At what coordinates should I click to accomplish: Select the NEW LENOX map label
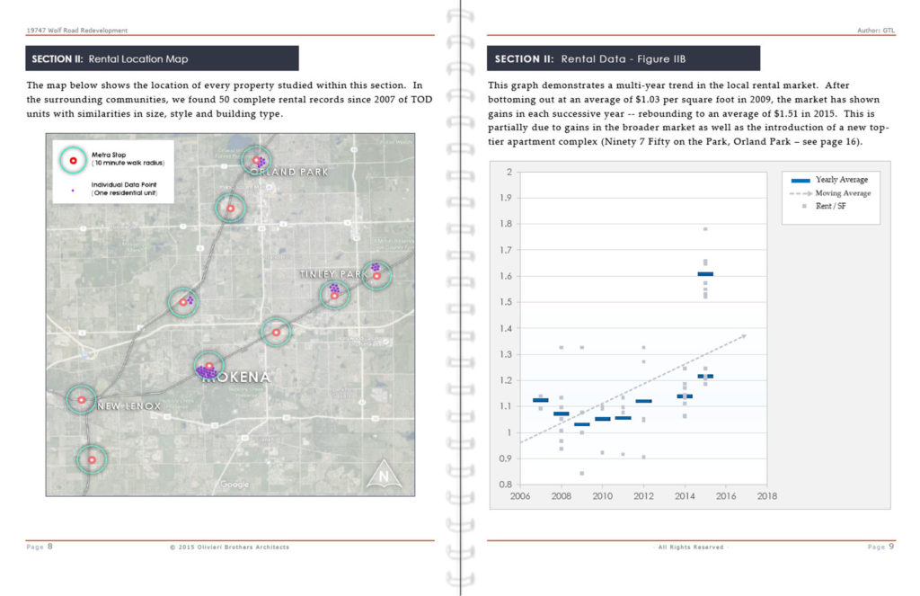[128, 406]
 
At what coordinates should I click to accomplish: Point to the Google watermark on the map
[234, 485]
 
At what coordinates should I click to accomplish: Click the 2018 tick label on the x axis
[767, 494]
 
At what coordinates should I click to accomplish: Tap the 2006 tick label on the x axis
[519, 494]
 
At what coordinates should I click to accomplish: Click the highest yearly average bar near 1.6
[705, 273]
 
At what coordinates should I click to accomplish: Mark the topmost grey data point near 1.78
[705, 229]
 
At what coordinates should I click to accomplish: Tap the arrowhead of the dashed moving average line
[743, 336]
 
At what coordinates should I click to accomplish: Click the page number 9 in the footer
[890, 546]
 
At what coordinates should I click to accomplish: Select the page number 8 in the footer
[50, 546]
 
